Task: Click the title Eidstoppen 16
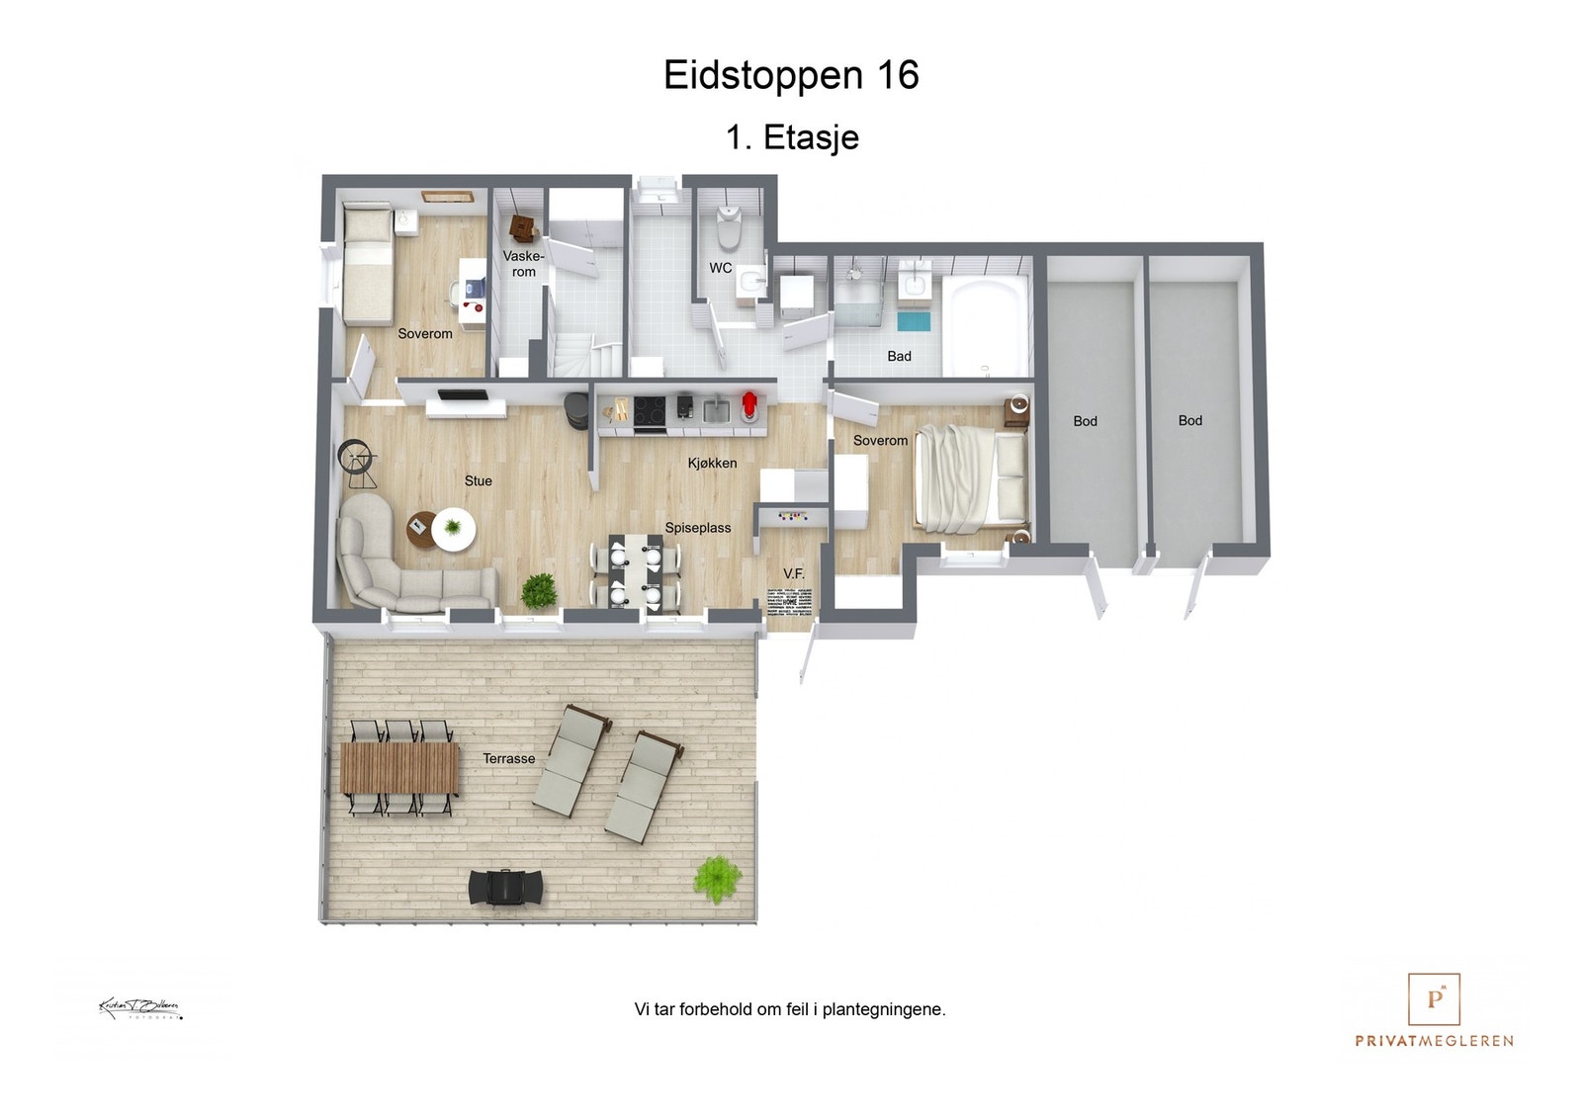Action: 791,76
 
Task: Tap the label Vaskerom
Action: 523,264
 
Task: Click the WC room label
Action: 720,268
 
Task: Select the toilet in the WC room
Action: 729,227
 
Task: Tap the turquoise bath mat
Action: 915,321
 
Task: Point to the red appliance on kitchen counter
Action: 749,405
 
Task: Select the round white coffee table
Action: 453,529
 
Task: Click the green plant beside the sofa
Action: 539,591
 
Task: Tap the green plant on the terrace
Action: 717,878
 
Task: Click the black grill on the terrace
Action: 505,887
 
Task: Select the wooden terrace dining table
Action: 399,768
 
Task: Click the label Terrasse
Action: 508,758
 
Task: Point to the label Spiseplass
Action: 697,528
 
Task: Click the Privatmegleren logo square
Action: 1434,999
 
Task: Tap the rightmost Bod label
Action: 1189,420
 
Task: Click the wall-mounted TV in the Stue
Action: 463,395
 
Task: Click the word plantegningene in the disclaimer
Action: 883,1009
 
